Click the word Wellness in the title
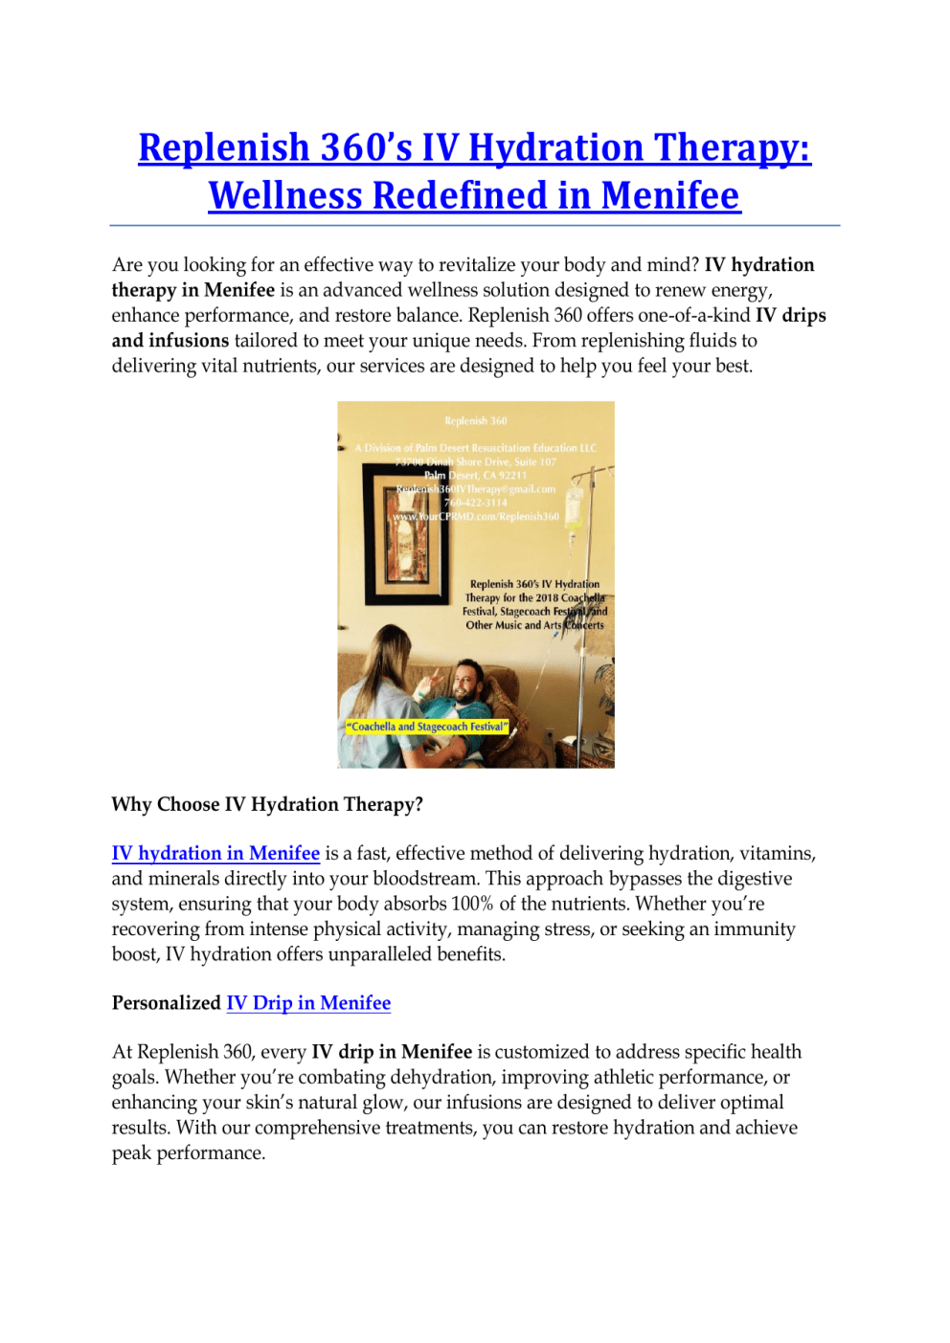point(285,196)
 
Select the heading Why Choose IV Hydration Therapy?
point(267,805)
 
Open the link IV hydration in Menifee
point(215,854)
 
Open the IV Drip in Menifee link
point(308,1003)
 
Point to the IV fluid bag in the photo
point(575,507)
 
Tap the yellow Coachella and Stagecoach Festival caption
point(427,727)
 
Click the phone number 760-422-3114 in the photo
point(476,503)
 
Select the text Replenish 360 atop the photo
point(476,421)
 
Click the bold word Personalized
point(167,1003)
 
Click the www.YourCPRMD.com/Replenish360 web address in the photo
point(476,517)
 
